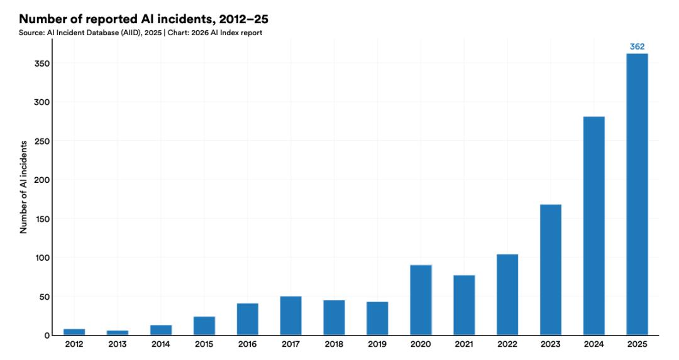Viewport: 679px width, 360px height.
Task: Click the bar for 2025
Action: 637,194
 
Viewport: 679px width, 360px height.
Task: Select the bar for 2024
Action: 593,226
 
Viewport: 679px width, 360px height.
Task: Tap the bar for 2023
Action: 550,270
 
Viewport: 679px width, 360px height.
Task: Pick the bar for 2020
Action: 421,300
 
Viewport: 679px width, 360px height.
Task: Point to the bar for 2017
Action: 290,315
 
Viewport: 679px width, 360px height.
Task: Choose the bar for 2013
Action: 118,332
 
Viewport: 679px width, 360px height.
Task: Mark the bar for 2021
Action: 464,305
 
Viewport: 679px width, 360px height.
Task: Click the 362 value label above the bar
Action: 637,46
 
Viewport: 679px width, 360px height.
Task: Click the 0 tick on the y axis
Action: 47,335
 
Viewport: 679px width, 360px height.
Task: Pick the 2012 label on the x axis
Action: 74,344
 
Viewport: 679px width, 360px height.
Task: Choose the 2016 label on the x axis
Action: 247,344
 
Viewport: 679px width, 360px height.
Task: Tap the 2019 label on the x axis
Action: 377,344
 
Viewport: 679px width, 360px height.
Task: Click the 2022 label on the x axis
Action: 507,344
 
